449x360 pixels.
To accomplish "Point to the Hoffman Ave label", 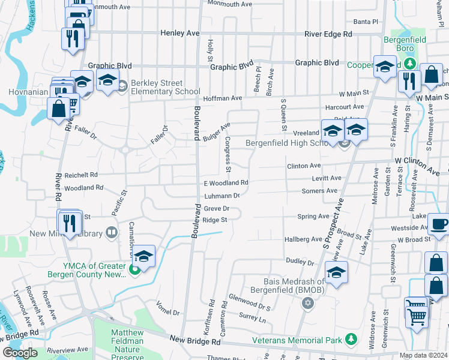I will pyautogui.click(x=222, y=98).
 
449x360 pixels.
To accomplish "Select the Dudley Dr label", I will pyautogui.click(x=300, y=262).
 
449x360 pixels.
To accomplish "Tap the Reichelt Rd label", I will pyautogui.click(x=81, y=175).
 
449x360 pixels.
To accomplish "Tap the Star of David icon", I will pyautogui.click(x=308, y=302).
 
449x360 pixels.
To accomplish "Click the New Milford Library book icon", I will pyautogui.click(x=111, y=232).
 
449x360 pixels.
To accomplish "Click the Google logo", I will pyautogui.click(x=20, y=353).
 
